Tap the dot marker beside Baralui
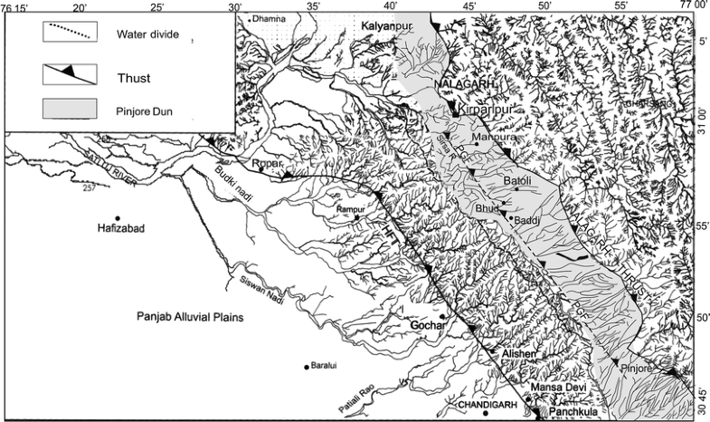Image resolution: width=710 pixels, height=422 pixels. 307,367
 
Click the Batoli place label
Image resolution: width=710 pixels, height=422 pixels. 518,181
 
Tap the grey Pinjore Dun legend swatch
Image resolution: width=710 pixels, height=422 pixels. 69,110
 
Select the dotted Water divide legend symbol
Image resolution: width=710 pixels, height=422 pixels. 69,35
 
